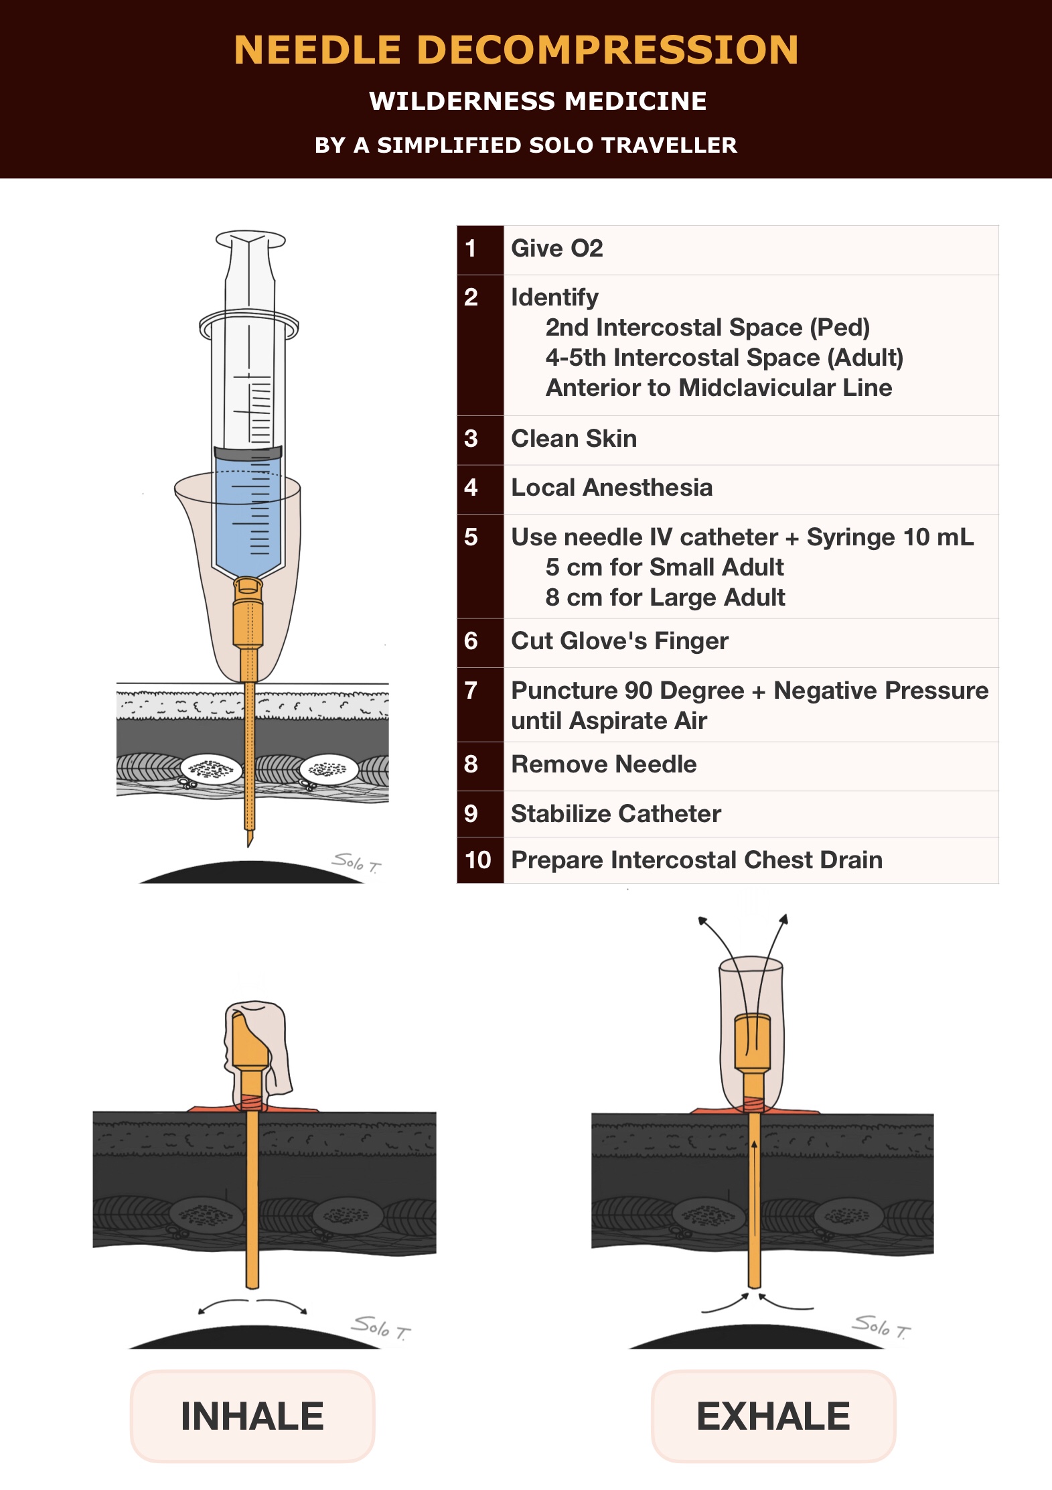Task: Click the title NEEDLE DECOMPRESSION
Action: [516, 50]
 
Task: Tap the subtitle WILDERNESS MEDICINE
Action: [538, 101]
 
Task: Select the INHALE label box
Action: [252, 1416]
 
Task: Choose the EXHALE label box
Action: [773, 1416]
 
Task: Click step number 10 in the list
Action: [478, 860]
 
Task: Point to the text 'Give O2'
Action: [556, 249]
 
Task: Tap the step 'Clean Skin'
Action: [574, 439]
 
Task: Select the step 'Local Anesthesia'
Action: [611, 488]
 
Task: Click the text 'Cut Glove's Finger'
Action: [619, 641]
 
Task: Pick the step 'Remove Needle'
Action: [603, 764]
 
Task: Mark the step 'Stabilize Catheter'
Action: [615, 814]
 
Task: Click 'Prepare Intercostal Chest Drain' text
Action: [696, 860]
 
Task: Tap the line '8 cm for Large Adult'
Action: [665, 598]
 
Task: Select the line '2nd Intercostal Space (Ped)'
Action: [707, 328]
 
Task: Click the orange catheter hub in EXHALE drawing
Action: [753, 1042]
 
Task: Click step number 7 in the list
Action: [471, 691]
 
